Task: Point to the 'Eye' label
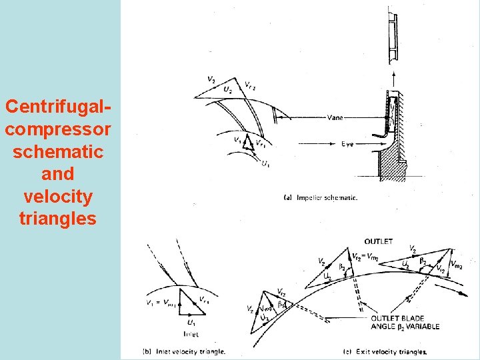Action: click(347, 143)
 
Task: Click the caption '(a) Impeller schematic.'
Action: click(321, 197)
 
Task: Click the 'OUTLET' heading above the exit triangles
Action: click(378, 241)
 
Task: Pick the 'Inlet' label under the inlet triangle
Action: click(189, 334)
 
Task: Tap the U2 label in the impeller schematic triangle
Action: click(228, 89)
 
